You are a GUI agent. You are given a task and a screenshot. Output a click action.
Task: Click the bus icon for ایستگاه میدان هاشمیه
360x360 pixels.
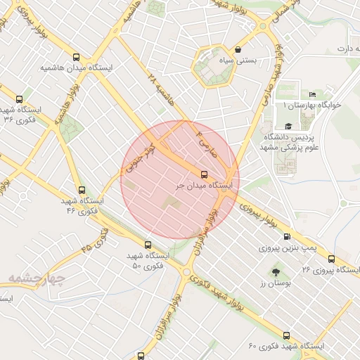click(77, 58)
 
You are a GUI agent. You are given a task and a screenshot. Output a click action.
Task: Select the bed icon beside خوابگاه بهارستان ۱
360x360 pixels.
click(313, 95)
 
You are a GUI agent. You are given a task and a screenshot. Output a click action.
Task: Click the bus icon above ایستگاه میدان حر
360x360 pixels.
click(205, 174)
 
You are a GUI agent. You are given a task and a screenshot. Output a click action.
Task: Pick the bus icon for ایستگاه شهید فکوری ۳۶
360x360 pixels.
click(19, 99)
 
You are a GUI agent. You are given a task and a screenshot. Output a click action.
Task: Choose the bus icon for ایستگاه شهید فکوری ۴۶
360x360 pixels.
click(82, 190)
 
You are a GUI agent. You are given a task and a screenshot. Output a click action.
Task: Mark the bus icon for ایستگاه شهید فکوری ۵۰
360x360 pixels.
click(147, 245)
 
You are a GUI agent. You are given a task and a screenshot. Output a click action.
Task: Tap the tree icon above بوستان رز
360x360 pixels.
click(274, 271)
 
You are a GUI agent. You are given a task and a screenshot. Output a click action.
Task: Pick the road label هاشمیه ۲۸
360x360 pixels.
click(162, 89)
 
